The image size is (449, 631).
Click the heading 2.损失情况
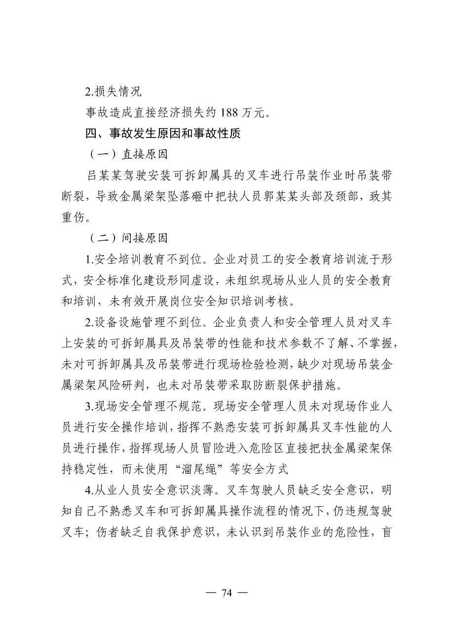click(x=112, y=91)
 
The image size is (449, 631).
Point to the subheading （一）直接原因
click(x=128, y=154)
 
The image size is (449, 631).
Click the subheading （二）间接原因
click(x=128, y=239)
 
